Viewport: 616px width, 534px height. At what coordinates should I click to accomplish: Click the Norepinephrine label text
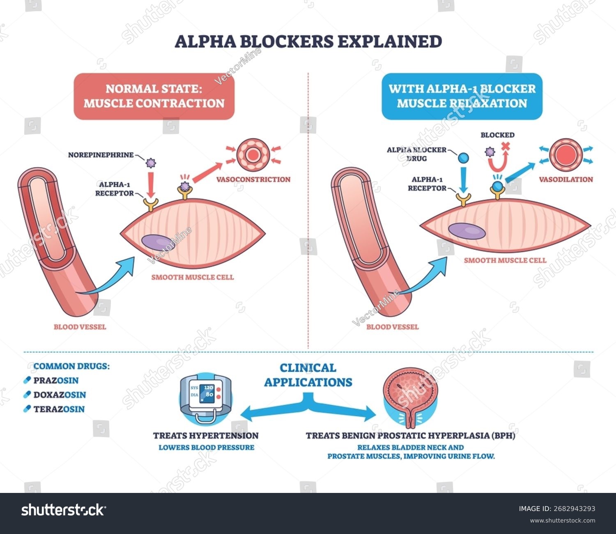101,155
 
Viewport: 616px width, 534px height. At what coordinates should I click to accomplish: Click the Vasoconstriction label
253,180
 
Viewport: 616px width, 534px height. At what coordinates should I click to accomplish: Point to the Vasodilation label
566,180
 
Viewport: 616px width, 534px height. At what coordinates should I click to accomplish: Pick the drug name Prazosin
56,380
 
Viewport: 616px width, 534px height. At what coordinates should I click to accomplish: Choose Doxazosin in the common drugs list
60,395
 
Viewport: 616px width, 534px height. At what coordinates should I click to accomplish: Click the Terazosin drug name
59,409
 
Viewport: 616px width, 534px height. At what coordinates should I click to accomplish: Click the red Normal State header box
154,96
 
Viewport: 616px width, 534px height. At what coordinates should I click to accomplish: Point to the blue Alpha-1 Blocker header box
462,96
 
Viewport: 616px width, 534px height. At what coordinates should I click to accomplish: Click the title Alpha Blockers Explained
308,41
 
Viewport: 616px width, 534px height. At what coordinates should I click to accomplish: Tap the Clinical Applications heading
308,375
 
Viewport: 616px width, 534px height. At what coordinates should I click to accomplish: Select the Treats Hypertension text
206,436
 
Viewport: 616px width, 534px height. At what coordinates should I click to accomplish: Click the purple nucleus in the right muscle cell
467,231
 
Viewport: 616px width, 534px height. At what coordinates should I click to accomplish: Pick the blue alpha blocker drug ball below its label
463,158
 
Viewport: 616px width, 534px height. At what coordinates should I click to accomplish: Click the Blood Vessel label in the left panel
80,327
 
